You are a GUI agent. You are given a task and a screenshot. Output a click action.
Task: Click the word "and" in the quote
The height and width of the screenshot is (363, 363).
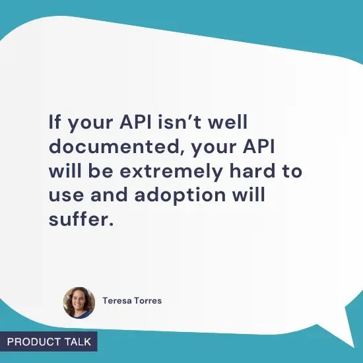(x=107, y=196)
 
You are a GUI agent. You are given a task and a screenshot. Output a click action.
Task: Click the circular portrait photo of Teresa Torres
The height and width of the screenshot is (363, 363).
(x=79, y=302)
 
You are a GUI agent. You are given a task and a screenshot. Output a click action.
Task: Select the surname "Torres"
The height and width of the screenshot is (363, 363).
(x=148, y=301)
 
